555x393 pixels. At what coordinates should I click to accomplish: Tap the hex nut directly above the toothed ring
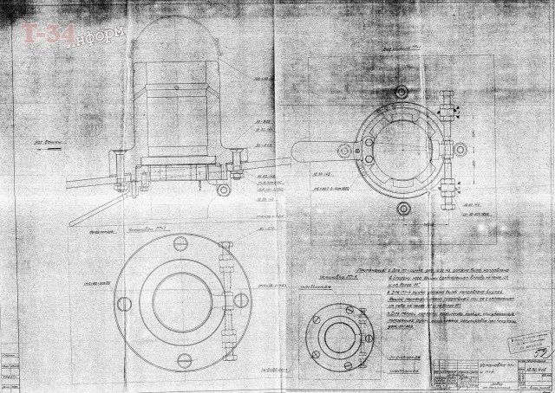point(401,92)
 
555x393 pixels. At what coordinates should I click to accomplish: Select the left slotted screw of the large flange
point(119,298)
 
